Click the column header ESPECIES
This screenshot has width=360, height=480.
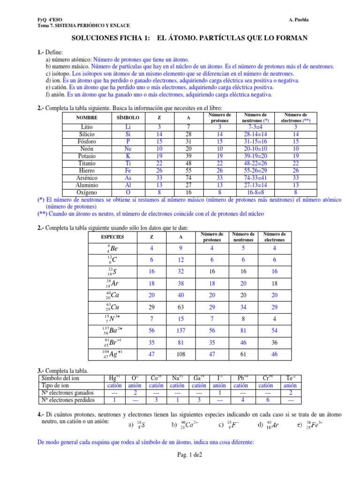point(112,237)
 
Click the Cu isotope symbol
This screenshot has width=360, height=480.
point(112,307)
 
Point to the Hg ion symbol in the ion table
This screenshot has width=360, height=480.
point(114,378)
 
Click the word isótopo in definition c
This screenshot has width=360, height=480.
point(61,74)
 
